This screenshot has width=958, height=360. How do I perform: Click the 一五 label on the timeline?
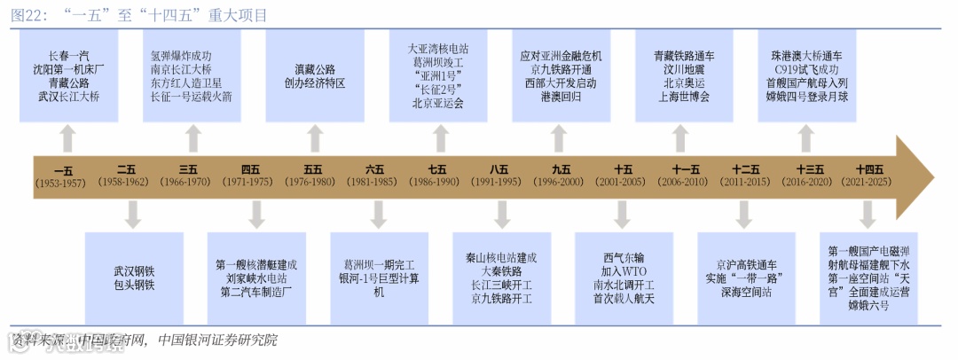(64, 168)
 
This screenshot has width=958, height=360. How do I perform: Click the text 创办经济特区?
(314, 83)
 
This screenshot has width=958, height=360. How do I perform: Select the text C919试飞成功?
(806, 69)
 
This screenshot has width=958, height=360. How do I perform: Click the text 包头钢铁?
(133, 285)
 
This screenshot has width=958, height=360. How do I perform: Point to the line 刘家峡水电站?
(255, 278)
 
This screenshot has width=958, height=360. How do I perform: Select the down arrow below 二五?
(132, 214)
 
